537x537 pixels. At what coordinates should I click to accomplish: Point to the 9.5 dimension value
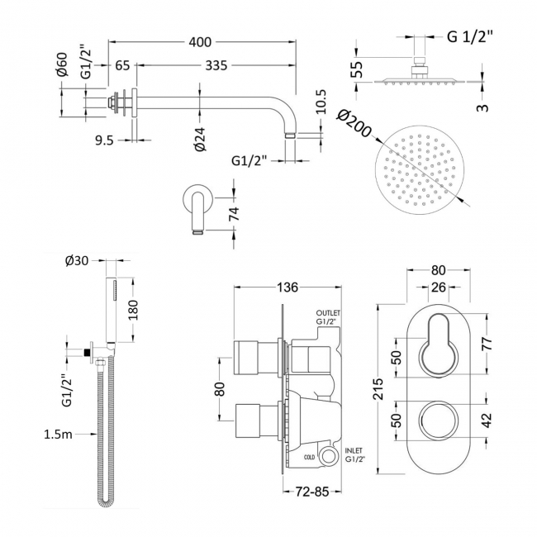[103, 140]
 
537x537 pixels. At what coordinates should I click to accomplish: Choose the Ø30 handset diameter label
[76, 263]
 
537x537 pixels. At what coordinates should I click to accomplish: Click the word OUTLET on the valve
[326, 313]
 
